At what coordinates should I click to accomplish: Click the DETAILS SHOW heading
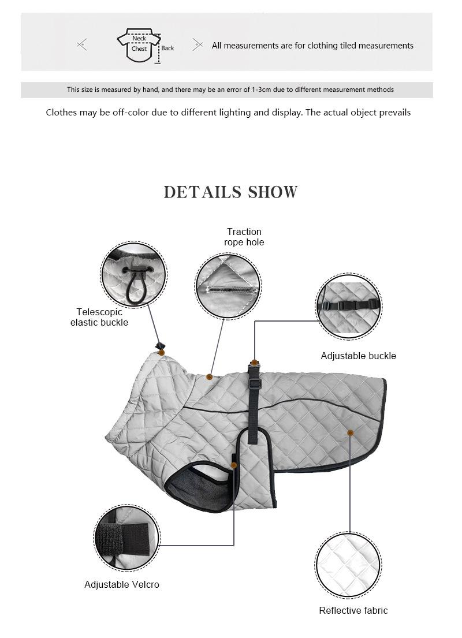[230, 192]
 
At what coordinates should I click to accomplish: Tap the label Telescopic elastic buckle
[99, 317]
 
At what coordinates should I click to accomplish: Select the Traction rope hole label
[244, 237]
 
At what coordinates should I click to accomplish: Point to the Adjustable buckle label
[358, 356]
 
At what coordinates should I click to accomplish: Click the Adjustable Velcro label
[122, 584]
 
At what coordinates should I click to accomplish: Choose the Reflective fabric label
[353, 610]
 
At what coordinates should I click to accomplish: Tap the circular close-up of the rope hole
[228, 285]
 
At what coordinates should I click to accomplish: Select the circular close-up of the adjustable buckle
[349, 307]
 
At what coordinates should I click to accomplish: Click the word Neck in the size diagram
[139, 39]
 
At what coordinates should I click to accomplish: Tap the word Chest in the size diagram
[139, 49]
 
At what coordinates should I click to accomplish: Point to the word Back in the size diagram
[167, 48]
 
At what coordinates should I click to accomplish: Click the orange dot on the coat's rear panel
[350, 432]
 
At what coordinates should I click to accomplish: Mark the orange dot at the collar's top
[162, 352]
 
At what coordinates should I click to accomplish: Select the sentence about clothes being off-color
[228, 113]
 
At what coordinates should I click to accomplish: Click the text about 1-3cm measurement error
[230, 90]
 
